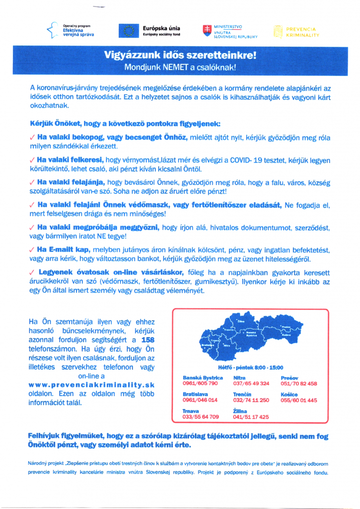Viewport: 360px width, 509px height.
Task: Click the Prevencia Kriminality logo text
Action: click(303, 32)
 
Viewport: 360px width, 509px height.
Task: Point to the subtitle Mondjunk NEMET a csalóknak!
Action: click(180, 66)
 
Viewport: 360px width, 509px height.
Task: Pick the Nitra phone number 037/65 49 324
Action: click(251, 384)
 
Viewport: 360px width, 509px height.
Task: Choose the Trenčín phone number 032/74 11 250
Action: click(251, 400)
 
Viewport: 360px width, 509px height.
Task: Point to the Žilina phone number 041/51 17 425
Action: click(251, 417)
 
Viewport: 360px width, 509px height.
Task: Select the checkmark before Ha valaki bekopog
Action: click(32, 138)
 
